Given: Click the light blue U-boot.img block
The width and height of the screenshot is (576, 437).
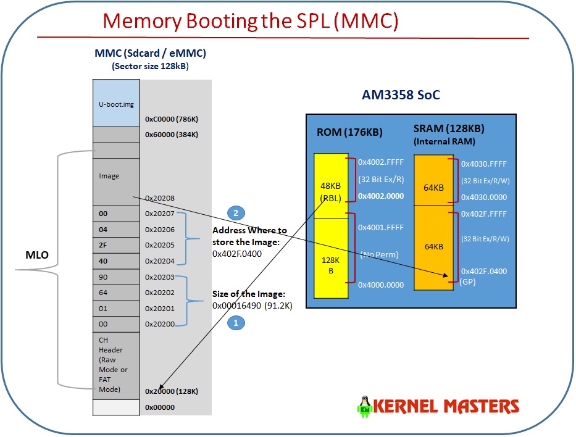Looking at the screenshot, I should [x=115, y=104].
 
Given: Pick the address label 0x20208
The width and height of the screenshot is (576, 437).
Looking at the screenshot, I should [x=159, y=198].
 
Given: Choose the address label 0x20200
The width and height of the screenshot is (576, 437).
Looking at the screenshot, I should [x=159, y=323].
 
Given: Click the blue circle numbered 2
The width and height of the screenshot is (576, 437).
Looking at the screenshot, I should [x=236, y=213].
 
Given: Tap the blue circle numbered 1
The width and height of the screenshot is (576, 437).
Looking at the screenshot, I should [x=236, y=322].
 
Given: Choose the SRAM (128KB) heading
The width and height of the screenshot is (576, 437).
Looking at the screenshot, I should [x=449, y=129].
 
